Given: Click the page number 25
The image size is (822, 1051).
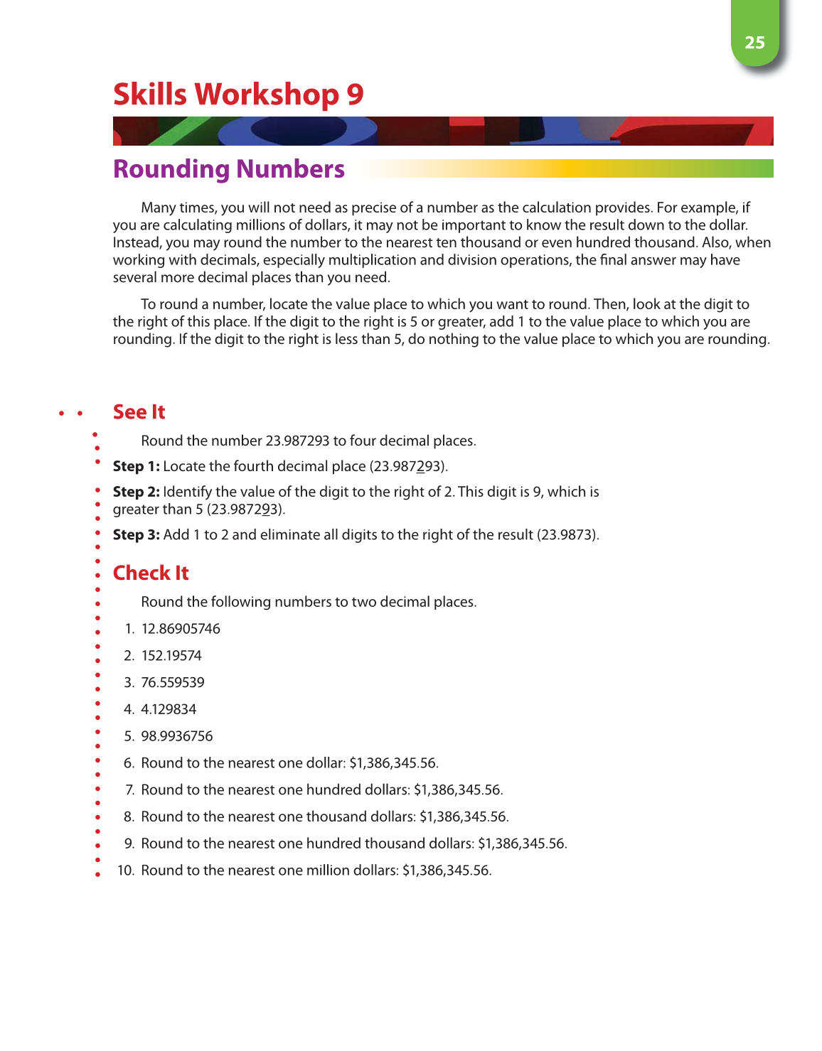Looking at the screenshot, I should (754, 43).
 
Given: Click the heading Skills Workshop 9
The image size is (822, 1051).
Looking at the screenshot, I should (238, 95).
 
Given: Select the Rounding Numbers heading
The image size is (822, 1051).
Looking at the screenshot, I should (229, 169).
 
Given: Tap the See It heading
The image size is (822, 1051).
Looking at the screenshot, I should (139, 412).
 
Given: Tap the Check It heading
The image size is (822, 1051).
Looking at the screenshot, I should (151, 573).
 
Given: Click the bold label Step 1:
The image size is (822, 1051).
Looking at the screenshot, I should (136, 466).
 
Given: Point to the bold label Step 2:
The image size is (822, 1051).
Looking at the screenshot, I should (136, 492).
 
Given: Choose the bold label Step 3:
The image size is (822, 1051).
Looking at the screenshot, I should (136, 534).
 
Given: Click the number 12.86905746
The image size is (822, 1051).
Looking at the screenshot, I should (181, 629).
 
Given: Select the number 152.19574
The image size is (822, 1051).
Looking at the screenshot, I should (171, 656).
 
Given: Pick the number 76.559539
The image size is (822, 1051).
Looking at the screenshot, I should (173, 683).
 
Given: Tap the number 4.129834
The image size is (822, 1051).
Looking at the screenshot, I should (169, 709).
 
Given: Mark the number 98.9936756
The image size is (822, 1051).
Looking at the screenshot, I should (177, 736).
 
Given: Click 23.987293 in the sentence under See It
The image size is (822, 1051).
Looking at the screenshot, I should (297, 441).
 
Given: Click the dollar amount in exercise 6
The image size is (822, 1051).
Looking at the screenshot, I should (393, 763).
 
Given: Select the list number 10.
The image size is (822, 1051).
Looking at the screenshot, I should (125, 871).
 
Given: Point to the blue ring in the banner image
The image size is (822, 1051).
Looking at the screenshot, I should (299, 131).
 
